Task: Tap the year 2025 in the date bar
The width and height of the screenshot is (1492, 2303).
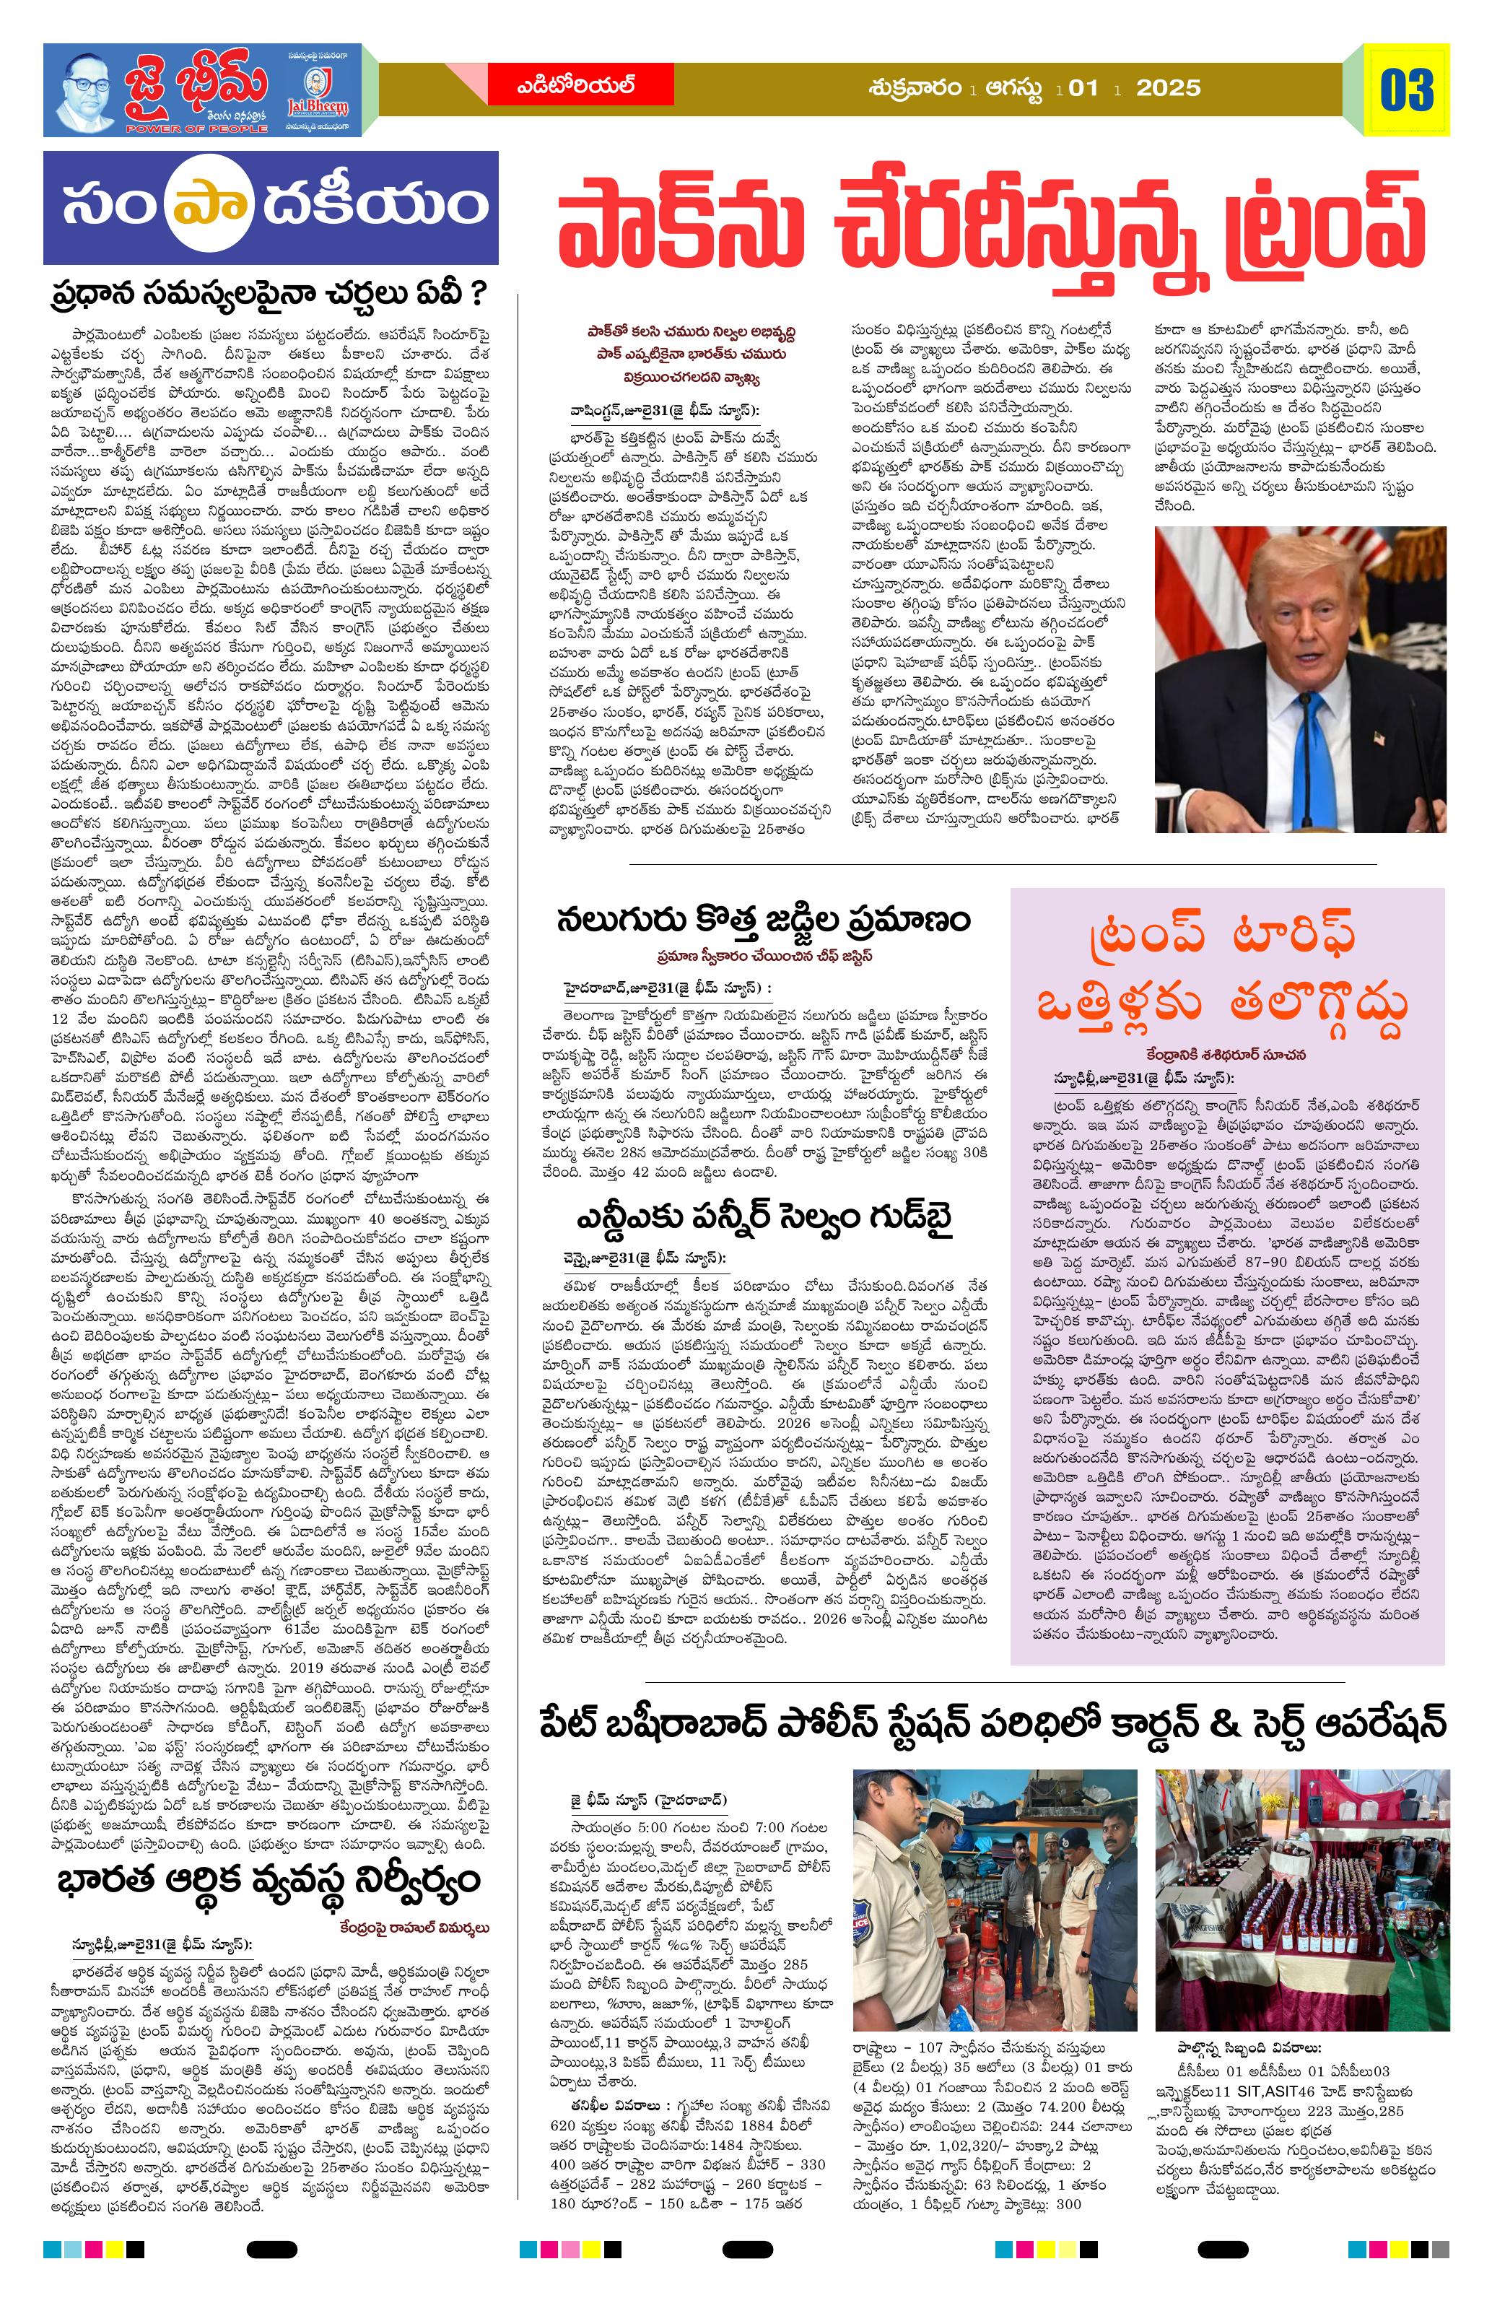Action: point(1168,89)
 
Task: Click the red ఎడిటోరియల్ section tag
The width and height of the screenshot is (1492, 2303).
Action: point(575,88)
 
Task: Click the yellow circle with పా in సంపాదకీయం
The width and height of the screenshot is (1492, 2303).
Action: point(196,208)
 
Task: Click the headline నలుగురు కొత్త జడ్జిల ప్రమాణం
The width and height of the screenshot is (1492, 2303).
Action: point(762,919)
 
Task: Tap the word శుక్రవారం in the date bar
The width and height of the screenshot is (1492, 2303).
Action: point(915,89)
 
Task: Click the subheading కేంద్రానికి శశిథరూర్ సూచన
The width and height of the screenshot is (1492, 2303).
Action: point(1228,1054)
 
